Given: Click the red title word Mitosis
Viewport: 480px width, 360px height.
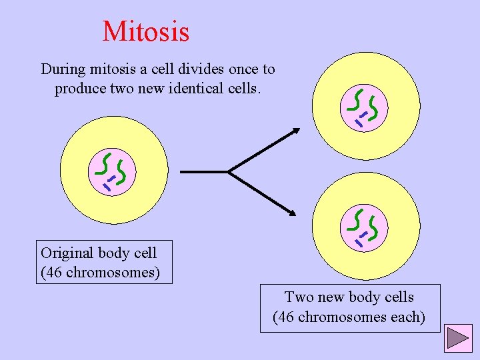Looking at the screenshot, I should tap(146, 31).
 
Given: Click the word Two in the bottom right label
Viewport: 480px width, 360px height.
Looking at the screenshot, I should tap(297, 297).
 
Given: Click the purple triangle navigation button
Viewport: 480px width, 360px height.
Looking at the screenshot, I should tap(459, 337).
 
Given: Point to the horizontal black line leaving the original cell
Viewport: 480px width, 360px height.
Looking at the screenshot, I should tap(203, 172).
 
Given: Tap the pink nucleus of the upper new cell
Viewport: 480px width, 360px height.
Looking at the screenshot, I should tap(365, 107).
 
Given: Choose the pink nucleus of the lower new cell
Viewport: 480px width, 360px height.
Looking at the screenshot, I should tap(365, 227).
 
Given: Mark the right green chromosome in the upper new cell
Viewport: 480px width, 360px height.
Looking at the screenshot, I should tap(375, 107).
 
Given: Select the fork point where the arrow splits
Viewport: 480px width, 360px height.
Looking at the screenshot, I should tap(229, 172).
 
